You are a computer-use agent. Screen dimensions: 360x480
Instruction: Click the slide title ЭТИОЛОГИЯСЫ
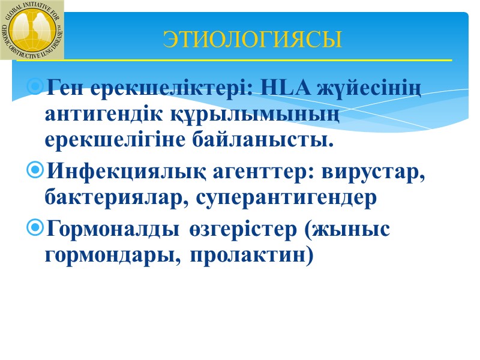pyautogui.click(x=252, y=40)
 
